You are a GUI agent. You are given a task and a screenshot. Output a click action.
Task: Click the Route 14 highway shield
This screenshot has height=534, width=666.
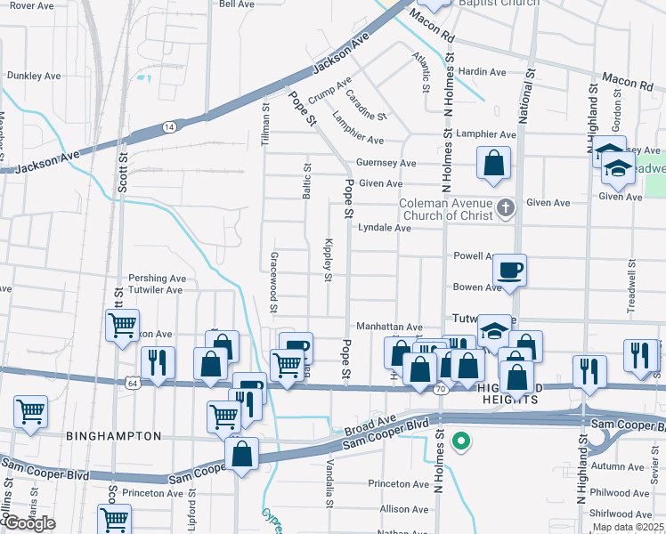[x=167, y=127]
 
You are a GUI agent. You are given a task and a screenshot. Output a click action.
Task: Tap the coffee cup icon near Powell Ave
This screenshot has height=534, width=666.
[x=509, y=268]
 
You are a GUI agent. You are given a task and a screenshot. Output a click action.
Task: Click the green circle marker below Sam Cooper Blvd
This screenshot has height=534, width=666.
[x=460, y=440]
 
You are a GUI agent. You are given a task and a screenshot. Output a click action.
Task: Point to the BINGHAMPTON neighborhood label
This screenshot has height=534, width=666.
[x=113, y=436]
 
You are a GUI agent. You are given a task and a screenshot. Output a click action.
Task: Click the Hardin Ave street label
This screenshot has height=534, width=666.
[x=483, y=72]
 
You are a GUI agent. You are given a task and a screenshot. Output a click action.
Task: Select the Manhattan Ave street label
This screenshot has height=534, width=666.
[x=389, y=327]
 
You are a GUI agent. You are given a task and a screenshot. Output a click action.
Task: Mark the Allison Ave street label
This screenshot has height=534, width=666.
[x=404, y=509]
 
